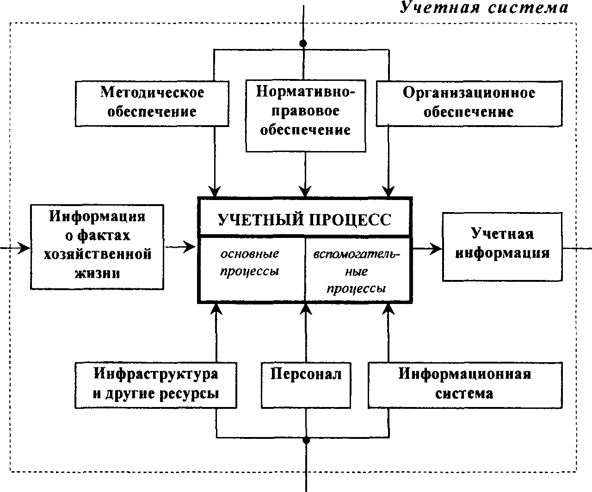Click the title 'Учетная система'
point(484,8)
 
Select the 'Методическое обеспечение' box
point(152,103)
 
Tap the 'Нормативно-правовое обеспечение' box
point(306,116)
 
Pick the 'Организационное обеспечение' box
point(469,103)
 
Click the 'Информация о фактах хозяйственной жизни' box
point(97,247)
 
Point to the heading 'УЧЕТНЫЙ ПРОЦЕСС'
point(305,220)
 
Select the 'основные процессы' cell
point(252,269)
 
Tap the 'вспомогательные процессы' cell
point(358,269)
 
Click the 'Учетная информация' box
point(502,247)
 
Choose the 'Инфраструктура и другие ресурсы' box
point(156,385)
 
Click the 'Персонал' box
point(306,385)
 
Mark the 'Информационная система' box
point(465,385)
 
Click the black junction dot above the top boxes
point(303,43)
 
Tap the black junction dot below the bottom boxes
point(306,440)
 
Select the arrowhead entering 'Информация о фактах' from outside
point(24,248)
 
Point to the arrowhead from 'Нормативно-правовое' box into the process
point(305,191)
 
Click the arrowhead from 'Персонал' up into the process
point(306,309)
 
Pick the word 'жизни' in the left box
point(97,273)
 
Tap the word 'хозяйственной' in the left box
point(98,254)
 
